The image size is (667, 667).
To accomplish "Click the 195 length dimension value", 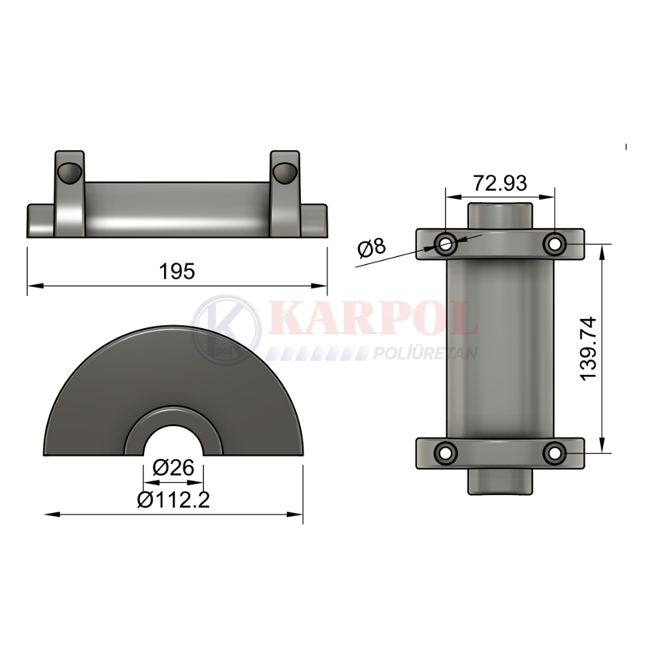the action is pos(177,271).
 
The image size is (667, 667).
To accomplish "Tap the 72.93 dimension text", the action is pos(500,183).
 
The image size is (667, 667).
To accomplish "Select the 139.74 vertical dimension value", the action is pos(588,349).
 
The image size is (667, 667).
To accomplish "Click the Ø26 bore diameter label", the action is pos(173,468).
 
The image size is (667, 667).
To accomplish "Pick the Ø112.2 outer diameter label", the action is pos(173,500).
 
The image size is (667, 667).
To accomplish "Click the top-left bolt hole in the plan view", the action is pos(446,244).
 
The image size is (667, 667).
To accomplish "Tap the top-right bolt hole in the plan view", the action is pos(555,244).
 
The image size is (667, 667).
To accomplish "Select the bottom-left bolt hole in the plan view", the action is pos(446,453).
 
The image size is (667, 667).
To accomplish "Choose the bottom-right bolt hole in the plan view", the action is pos(555,453).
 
